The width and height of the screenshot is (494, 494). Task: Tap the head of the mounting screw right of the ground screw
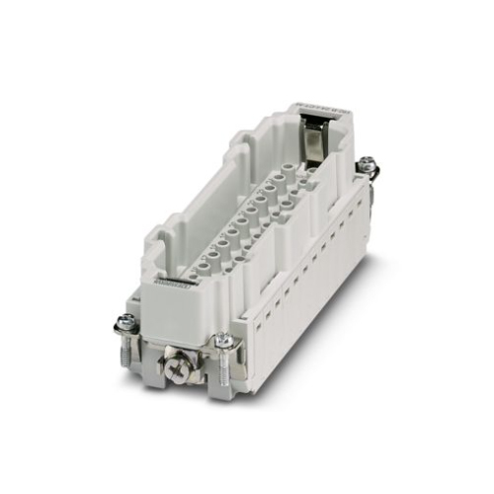[224, 340]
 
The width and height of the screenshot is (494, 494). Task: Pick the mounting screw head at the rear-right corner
[368, 163]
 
